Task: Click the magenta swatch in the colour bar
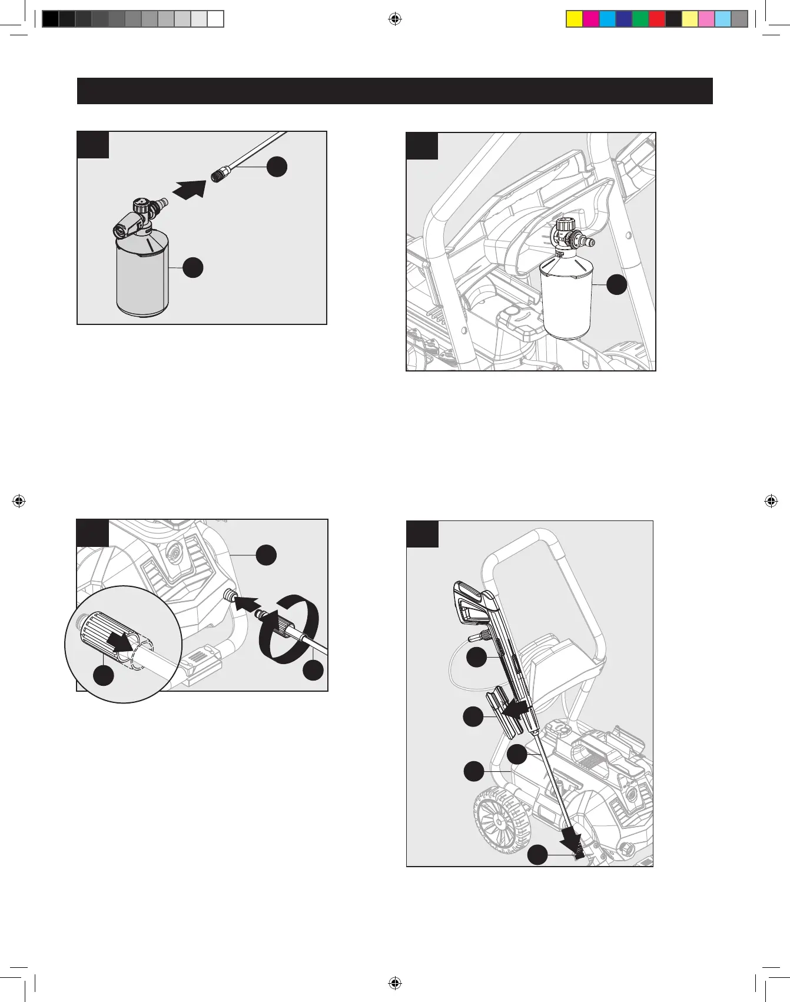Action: point(591,19)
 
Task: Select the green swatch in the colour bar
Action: point(640,19)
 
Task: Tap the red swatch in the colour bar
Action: point(657,19)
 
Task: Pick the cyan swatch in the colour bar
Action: point(608,19)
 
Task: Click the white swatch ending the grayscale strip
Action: point(216,19)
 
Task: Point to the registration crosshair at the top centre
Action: point(395,19)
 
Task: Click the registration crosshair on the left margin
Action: point(19,501)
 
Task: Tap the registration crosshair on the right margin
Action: point(771,501)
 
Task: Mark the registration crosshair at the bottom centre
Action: point(395,983)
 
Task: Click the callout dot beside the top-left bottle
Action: point(193,267)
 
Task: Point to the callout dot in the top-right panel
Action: point(617,284)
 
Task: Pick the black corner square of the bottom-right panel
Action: point(422,534)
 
